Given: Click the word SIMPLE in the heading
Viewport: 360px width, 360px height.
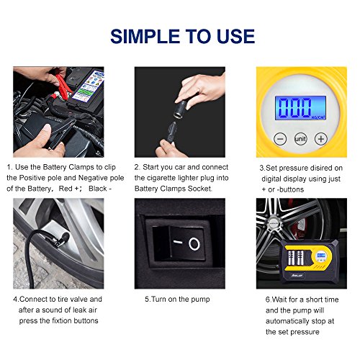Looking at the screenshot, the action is click(145, 37).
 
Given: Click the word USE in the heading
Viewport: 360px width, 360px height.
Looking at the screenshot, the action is click(235, 37).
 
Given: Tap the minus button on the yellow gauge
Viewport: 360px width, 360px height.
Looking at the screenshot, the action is click(280, 139).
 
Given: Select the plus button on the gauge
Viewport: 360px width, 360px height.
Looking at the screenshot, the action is click(321, 139).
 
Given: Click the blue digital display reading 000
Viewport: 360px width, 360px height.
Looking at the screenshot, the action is click(300, 108).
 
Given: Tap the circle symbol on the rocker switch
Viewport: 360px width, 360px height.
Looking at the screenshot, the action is click(194, 244).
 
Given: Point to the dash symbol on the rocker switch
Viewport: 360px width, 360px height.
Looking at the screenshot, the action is click(178, 242).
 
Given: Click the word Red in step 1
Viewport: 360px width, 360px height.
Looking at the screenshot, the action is click(66, 189).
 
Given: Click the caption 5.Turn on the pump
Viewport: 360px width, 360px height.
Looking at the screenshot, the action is click(177, 300).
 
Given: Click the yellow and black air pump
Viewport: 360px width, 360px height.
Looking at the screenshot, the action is click(310, 261).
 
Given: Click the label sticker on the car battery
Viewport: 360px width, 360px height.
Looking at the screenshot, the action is click(89, 86).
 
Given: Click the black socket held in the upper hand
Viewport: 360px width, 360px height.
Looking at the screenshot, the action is click(181, 109).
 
